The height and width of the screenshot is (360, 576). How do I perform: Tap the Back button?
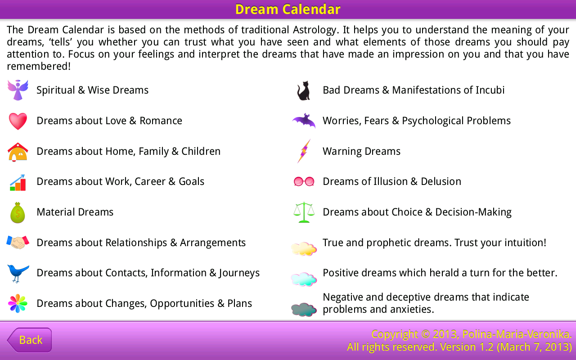pyautogui.click(x=30, y=340)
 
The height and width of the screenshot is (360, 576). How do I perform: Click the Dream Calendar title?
pyautogui.click(x=288, y=9)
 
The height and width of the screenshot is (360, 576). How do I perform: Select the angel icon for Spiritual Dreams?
pyautogui.click(x=18, y=90)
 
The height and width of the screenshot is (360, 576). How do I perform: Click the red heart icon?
pyautogui.click(x=18, y=121)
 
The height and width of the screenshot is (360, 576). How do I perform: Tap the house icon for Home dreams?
pyautogui.click(x=18, y=152)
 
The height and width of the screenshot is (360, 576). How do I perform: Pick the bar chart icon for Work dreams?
pyautogui.click(x=18, y=182)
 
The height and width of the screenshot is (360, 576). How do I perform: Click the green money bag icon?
pyautogui.click(x=18, y=212)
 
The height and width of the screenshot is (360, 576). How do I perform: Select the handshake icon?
pyautogui.click(x=18, y=243)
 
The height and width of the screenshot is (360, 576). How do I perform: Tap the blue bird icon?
pyautogui.click(x=18, y=273)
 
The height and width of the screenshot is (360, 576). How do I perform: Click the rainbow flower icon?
pyautogui.click(x=18, y=303)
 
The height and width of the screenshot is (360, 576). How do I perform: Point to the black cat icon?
pyautogui.click(x=304, y=90)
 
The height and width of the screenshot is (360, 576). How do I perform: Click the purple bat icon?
pyautogui.click(x=304, y=121)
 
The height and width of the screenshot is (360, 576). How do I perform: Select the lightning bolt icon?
pyautogui.click(x=304, y=151)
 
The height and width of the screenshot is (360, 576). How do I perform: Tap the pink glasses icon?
pyautogui.click(x=304, y=182)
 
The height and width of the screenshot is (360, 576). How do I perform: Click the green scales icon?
pyautogui.click(x=304, y=212)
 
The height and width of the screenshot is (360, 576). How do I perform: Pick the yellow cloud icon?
pyautogui.click(x=304, y=248)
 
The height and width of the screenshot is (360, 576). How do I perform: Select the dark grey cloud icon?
pyautogui.click(x=304, y=310)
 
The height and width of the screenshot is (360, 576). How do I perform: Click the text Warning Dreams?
pyautogui.click(x=361, y=152)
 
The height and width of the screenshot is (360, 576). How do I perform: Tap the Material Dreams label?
pyautogui.click(x=75, y=212)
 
